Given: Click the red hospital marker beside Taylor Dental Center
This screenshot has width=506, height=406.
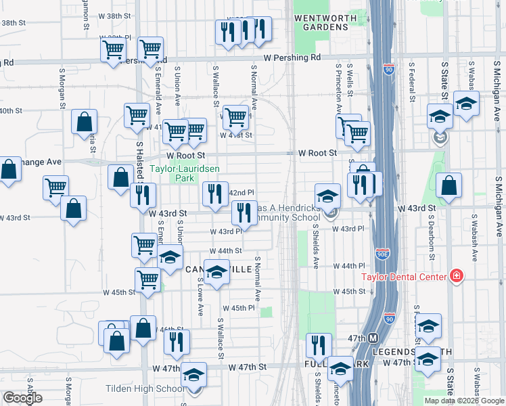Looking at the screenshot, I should pyautogui.click(x=457, y=276).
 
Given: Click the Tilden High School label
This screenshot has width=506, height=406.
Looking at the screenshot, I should pyautogui.click(x=145, y=388).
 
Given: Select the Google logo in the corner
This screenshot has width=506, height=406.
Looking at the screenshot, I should pyautogui.click(x=22, y=398).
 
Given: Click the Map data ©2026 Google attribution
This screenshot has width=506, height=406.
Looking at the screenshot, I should pyautogui.click(x=463, y=401).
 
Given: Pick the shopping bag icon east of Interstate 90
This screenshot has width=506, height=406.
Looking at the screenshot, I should pyautogui.click(x=449, y=186).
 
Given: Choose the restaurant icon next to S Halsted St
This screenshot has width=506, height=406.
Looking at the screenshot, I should pyautogui.click(x=142, y=194).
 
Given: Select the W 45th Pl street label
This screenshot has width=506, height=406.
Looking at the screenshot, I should pyautogui.click(x=242, y=308).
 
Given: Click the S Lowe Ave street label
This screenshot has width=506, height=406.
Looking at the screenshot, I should pyautogui.click(x=201, y=296).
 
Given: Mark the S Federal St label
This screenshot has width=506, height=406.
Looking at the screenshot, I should pyautogui.click(x=411, y=81).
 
